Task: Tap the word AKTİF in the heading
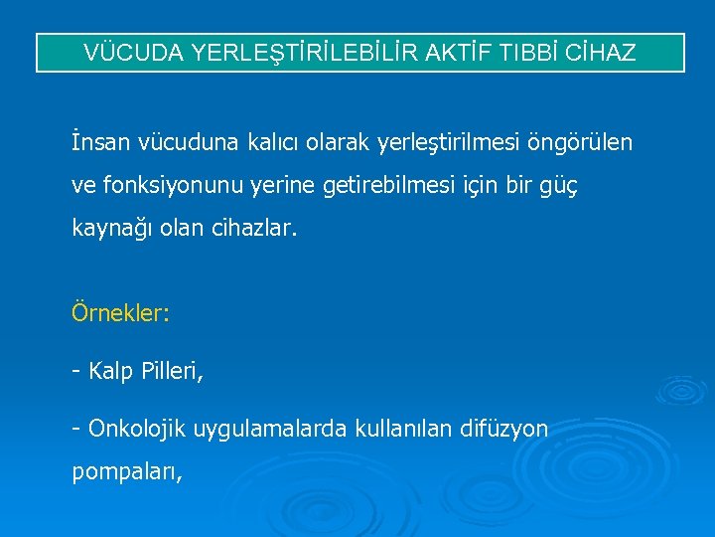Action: click(452, 53)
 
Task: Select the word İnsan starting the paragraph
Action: click(97, 143)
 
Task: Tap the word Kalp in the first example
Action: click(110, 372)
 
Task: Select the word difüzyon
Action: click(505, 429)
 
